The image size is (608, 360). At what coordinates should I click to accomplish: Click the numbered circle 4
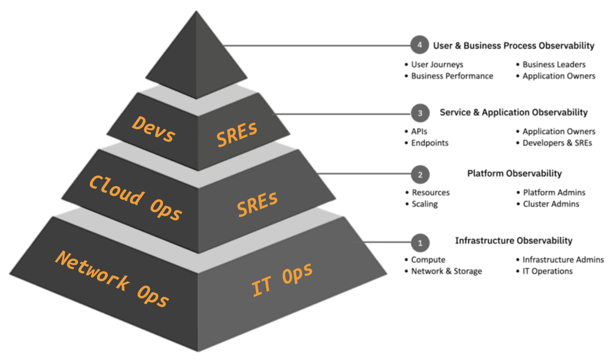click(x=419, y=45)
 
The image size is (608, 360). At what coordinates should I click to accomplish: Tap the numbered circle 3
click(x=420, y=113)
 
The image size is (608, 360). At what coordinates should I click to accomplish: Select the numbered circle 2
click(x=420, y=175)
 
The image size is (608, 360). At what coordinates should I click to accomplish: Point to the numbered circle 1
click(x=420, y=243)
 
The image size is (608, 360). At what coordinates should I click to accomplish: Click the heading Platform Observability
click(x=514, y=173)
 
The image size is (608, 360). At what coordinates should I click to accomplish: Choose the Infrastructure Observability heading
click(x=513, y=241)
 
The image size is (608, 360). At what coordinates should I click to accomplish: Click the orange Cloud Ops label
click(x=135, y=198)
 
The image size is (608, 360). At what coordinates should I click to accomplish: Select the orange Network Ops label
click(x=112, y=279)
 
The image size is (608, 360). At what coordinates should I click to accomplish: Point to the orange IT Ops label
click(x=282, y=279)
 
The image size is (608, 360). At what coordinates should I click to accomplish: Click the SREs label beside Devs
click(x=237, y=134)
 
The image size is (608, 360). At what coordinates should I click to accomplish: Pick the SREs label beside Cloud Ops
click(x=257, y=204)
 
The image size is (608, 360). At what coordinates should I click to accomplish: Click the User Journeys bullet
click(x=437, y=64)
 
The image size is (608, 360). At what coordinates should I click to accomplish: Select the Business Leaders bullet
click(x=554, y=64)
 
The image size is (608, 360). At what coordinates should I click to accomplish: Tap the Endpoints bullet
click(x=430, y=143)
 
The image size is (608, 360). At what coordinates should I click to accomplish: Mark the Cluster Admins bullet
click(x=551, y=204)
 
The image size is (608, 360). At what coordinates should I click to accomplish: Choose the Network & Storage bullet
click(x=446, y=271)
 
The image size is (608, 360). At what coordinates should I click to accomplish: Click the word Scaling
click(x=425, y=204)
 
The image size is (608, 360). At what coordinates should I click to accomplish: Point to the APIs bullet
click(x=419, y=132)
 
